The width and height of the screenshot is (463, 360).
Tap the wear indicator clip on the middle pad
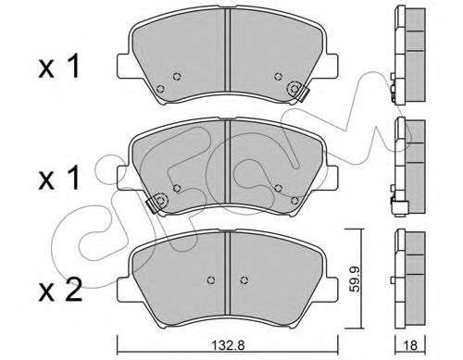158,200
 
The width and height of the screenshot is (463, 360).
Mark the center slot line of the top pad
228,56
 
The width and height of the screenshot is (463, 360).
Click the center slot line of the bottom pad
228,264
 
